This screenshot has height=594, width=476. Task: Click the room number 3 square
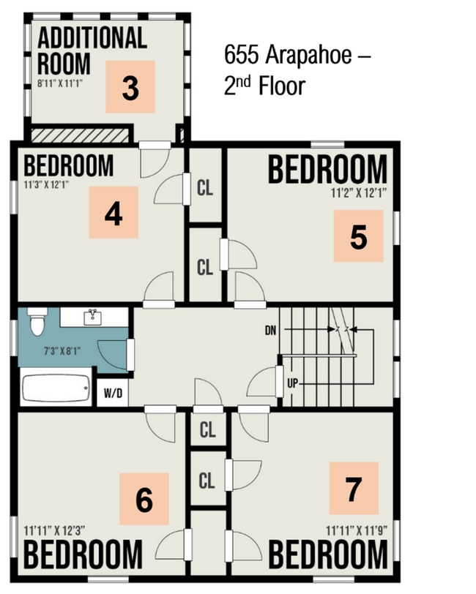pyautogui.click(x=130, y=87)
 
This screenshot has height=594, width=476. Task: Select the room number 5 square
pyautogui.click(x=358, y=236)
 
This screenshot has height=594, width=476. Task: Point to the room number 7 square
pyautogui.click(x=353, y=488)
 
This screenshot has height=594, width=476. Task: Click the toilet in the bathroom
pyautogui.click(x=37, y=322)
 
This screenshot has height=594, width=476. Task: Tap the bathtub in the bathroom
pyautogui.click(x=56, y=388)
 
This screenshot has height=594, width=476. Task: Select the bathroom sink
pyautogui.click(x=93, y=317)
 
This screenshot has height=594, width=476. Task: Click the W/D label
pyautogui.click(x=114, y=394)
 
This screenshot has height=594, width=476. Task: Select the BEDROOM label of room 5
pyautogui.click(x=327, y=170)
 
